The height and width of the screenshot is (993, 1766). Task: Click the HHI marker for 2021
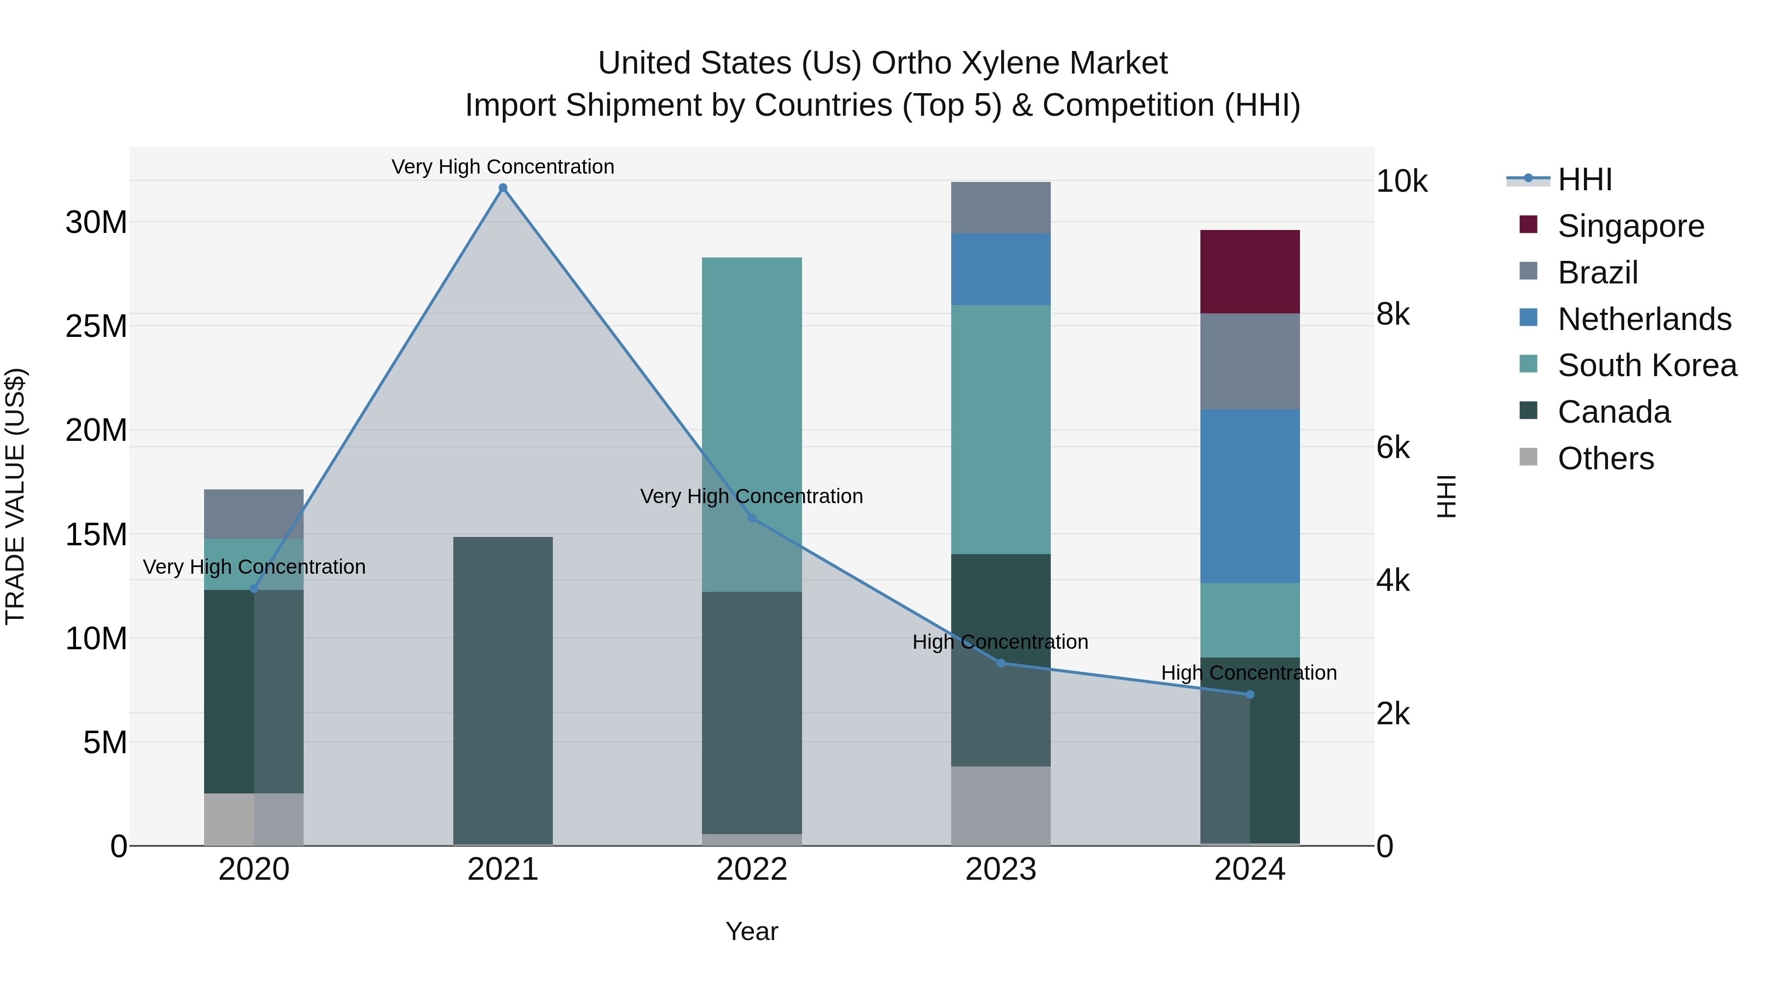tap(502, 188)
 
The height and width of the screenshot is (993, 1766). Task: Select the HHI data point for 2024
tap(1249, 694)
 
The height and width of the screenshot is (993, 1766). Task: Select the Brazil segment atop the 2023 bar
tap(1000, 207)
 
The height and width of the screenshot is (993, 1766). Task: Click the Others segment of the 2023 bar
tap(1000, 805)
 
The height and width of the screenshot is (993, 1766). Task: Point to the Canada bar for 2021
tap(502, 691)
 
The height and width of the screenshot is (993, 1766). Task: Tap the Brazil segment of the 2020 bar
tap(254, 514)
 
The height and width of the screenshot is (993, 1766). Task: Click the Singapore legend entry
tap(1630, 226)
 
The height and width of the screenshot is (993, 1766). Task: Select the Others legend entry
tap(1605, 458)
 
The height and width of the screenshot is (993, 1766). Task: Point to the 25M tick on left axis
tap(96, 326)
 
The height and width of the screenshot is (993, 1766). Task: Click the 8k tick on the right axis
tap(1392, 314)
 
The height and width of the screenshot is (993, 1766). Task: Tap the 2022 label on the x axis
tap(752, 869)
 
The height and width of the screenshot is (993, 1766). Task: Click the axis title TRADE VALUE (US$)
tap(15, 496)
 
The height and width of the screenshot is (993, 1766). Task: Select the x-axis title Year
tap(752, 931)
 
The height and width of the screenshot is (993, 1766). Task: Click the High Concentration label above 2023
tap(1000, 642)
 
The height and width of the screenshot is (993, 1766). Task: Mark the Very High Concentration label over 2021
tap(502, 167)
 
